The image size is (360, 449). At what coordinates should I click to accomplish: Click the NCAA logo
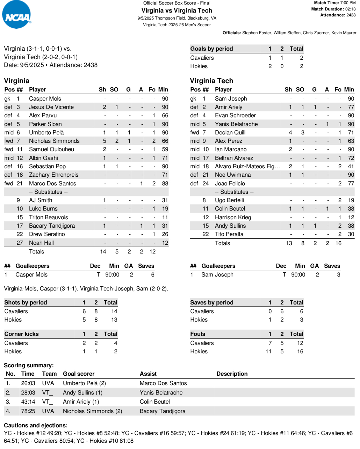[x=16, y=15]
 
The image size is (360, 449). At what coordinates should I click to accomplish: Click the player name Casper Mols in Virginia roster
[x=45, y=99]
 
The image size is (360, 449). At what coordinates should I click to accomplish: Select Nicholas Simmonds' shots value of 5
[x=105, y=141]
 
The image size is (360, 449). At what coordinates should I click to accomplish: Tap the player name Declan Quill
[x=230, y=133]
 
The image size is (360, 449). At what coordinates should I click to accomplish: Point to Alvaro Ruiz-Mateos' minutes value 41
[x=351, y=167]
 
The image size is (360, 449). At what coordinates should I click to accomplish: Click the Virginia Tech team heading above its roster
[x=211, y=81]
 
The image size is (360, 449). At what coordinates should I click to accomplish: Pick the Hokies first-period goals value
[x=270, y=66]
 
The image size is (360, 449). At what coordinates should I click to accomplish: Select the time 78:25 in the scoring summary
[x=28, y=411]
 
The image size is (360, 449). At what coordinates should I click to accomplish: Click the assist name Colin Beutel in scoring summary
[x=154, y=402]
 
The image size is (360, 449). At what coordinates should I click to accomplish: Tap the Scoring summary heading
[x=29, y=366]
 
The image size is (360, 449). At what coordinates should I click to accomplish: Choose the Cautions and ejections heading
[x=35, y=426]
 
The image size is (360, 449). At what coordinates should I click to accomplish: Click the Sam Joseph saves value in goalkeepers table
[x=338, y=275]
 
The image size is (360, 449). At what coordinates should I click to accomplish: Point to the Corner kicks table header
[x=21, y=334]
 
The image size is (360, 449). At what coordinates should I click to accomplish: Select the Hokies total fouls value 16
[x=300, y=352]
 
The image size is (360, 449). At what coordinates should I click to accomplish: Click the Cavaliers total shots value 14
[x=114, y=311]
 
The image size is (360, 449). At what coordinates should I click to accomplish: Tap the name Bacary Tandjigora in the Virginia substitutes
[x=52, y=226]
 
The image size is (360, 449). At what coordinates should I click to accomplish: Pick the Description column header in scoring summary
[x=232, y=374]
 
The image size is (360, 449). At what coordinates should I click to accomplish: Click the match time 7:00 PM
[x=348, y=3]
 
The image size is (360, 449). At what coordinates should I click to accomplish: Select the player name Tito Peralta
[x=229, y=234]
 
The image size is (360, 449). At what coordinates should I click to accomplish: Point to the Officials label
[x=231, y=33]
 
